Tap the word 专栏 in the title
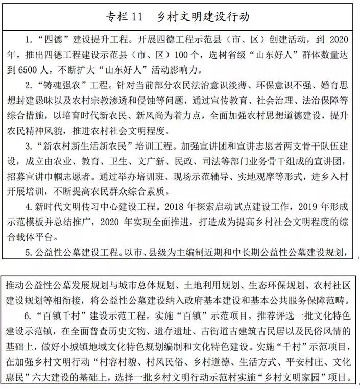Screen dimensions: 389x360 (x=115, y=17)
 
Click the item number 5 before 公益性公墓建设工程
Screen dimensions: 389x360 (x=29, y=252)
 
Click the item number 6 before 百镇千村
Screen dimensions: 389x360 (x=29, y=312)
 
